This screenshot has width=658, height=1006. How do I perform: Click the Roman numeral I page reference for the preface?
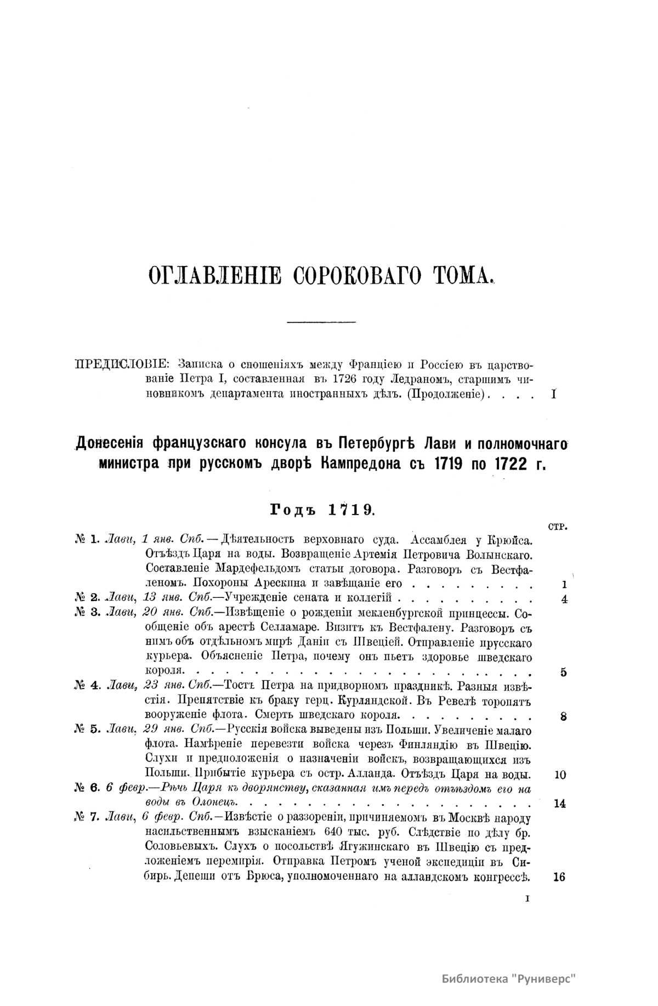pos(553,394)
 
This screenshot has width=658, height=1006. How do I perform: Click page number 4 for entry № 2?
pos(564,598)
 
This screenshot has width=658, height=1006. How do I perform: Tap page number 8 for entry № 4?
pos(564,716)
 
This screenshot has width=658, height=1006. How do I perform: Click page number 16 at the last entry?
pos(559,877)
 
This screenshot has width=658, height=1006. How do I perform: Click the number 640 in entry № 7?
pos(335,833)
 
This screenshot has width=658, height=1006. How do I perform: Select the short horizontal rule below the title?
pos(322,320)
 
